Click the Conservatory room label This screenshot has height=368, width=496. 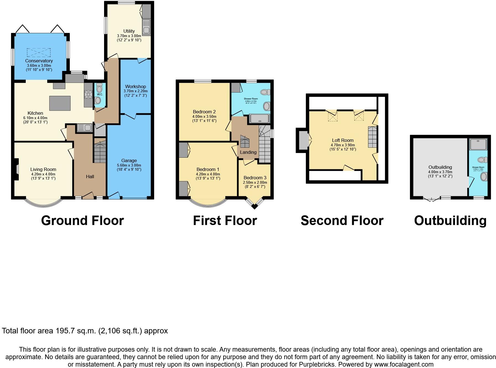coord(39,61)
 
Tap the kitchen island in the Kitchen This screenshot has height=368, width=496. coord(60,103)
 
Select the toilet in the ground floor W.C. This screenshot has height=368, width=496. coord(99,89)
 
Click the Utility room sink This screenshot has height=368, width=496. coord(146,27)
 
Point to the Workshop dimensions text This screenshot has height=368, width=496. coord(136,93)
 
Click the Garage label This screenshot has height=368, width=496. coord(129,160)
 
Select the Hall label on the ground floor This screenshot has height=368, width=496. coord(90,177)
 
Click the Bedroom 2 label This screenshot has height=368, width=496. coord(204,112)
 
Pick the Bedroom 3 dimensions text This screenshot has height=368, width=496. coord(255,185)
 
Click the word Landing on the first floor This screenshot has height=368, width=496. coord(248,152)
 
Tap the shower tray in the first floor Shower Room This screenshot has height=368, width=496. coord(259,119)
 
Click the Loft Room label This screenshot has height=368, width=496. coord(343,140)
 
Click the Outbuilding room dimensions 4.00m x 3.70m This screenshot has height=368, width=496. coord(440,174)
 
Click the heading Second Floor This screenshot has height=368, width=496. coord(342,221)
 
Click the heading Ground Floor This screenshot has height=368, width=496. coord(82,221)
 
